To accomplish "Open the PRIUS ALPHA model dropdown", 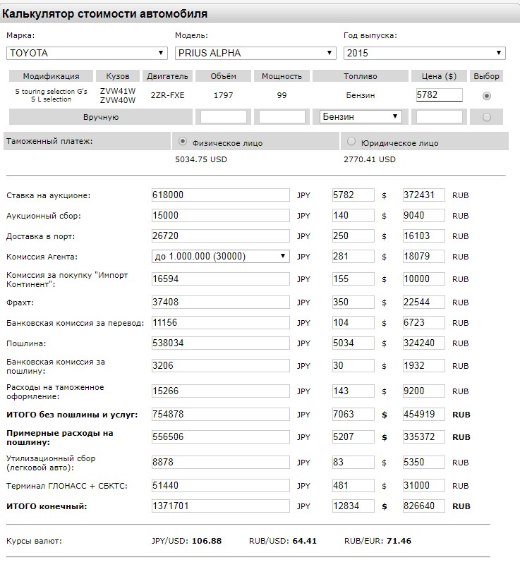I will [255, 53].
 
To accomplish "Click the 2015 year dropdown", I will [424, 53].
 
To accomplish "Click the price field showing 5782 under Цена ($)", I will [439, 95].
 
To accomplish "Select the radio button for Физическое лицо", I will [183, 142].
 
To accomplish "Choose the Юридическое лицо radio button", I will [351, 142].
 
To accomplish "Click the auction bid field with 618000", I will [220, 195].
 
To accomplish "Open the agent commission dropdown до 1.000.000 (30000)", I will [220, 256].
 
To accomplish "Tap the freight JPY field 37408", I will [220, 303].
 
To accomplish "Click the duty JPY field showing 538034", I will [220, 343].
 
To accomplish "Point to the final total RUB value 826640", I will [423, 506].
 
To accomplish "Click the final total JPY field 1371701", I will [220, 506].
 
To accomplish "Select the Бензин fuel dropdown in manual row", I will [360, 116].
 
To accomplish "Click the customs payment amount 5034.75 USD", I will [201, 159].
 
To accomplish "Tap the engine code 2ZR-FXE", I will [167, 95].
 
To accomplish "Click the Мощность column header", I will [282, 76].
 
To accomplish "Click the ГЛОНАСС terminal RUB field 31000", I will [423, 486].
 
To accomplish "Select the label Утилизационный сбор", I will [50, 458].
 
